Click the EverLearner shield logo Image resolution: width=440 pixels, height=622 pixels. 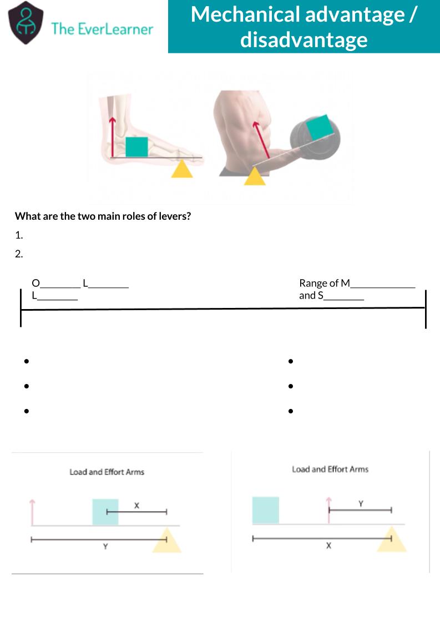point(26,23)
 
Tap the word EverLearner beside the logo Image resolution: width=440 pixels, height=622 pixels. point(115,29)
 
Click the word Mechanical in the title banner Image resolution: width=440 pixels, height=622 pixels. point(246,14)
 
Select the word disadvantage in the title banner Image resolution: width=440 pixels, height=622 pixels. point(304,39)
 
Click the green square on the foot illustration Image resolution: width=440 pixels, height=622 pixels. point(136,147)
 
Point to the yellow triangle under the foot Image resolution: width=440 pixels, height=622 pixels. point(182,169)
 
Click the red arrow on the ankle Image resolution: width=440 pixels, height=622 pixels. point(113,136)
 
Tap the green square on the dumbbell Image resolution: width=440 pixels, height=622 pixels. point(320,127)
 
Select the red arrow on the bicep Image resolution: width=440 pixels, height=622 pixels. point(261,140)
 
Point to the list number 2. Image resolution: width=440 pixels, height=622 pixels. point(19,254)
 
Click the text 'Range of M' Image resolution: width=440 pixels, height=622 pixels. point(325,283)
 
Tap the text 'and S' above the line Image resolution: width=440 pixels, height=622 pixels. point(311,296)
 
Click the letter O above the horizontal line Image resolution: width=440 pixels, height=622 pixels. point(36,283)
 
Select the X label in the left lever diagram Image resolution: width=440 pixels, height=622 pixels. point(136,505)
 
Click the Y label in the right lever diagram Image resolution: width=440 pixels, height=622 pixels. point(361,504)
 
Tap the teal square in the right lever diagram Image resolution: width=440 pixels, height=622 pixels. point(266,510)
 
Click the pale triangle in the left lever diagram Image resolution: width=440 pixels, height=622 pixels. point(167,540)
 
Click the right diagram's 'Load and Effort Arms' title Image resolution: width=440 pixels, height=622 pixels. point(330,469)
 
